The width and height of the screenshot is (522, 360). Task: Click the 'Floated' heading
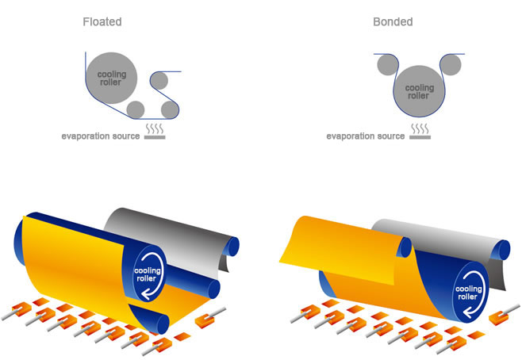coord(102,21)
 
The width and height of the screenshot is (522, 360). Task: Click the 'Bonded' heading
coord(393,21)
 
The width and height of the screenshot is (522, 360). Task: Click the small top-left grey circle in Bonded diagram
coord(386,63)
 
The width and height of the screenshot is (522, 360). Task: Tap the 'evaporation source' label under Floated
coord(101,136)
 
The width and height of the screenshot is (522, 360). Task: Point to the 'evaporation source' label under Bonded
coord(366,136)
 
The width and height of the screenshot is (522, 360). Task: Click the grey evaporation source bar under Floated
coord(155,137)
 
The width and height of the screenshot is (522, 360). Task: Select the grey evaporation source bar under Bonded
coord(419,137)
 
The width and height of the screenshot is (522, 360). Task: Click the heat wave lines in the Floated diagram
coord(155,128)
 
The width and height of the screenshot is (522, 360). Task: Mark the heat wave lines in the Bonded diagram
coord(419,127)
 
